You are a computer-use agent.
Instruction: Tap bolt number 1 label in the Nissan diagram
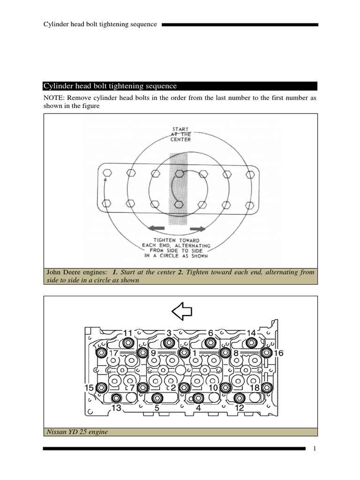point(195,352)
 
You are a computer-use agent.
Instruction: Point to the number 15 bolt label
point(89,388)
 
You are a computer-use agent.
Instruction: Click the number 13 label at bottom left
point(116,408)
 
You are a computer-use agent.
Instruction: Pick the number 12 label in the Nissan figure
point(239,408)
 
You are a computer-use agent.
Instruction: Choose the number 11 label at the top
point(128,333)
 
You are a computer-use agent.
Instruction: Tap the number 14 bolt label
point(251,333)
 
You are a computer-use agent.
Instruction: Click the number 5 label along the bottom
point(157,408)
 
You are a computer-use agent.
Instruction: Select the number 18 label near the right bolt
point(255,388)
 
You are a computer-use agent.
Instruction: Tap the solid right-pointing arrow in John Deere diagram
point(198,229)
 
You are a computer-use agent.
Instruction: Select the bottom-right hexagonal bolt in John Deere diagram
point(250,205)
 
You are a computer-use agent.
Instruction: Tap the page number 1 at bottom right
point(315,449)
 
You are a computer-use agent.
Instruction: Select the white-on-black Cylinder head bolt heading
point(110,86)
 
